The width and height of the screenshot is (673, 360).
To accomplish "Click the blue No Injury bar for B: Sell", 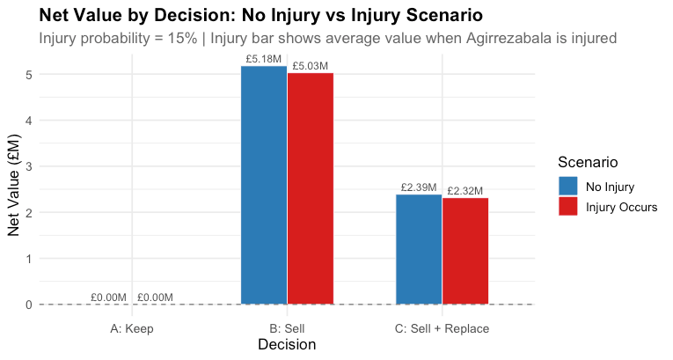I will click(263, 185).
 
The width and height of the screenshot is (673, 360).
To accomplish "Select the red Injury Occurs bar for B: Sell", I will click(310, 188).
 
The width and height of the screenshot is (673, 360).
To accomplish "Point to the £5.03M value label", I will click(311, 66).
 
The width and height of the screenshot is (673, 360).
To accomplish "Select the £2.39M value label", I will click(420, 187).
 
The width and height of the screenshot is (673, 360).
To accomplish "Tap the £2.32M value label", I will click(465, 191).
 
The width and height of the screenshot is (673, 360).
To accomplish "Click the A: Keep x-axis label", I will click(131, 328).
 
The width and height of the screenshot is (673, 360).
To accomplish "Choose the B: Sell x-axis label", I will click(287, 328).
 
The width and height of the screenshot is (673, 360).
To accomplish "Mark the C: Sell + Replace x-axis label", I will click(443, 328).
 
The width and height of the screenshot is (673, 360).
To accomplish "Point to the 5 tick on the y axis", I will click(29, 75).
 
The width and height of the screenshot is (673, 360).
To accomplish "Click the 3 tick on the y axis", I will click(29, 167).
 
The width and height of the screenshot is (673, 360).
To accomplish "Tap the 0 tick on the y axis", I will click(29, 305).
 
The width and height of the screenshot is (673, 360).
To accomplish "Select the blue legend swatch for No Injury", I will click(567, 187).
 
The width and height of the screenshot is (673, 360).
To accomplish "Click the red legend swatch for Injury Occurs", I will click(567, 206).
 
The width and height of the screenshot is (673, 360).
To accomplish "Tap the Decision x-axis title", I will click(287, 345).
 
